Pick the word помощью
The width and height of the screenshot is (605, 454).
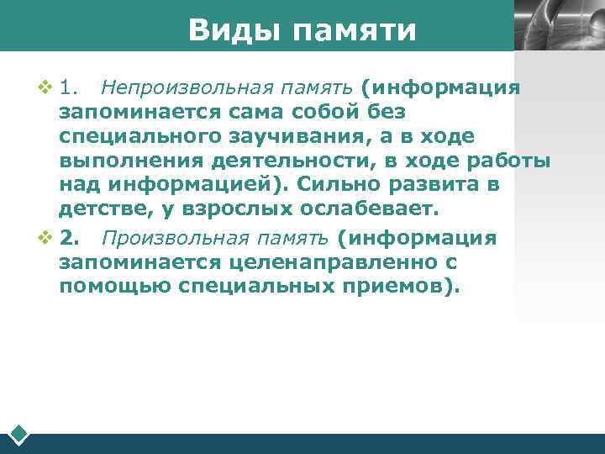[114, 287]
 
